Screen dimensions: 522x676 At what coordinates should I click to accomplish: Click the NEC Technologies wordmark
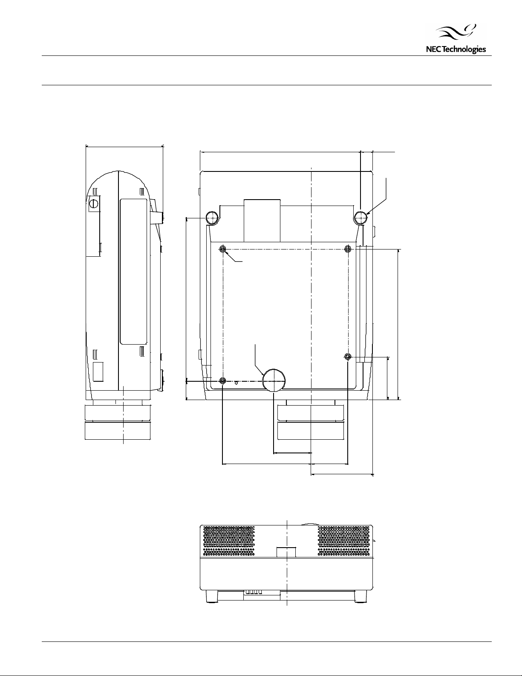pyautogui.click(x=456, y=49)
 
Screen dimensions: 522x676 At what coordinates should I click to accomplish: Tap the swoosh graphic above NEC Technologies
pyautogui.click(x=456, y=32)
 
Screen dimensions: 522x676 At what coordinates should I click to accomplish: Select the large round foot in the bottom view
pyautogui.click(x=274, y=380)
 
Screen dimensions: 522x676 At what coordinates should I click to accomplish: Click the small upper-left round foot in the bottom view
pyautogui.click(x=213, y=218)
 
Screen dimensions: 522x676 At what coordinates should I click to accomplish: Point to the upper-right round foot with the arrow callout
pyautogui.click(x=361, y=218)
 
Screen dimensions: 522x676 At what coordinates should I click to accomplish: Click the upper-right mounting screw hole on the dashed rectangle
pyautogui.click(x=348, y=249)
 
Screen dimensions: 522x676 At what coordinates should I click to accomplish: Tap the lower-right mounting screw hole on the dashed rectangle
pyautogui.click(x=348, y=357)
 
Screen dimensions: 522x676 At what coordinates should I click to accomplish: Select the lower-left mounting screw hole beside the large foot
pyautogui.click(x=222, y=380)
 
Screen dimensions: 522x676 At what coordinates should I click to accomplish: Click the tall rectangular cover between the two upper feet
pyautogui.click(x=262, y=220)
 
